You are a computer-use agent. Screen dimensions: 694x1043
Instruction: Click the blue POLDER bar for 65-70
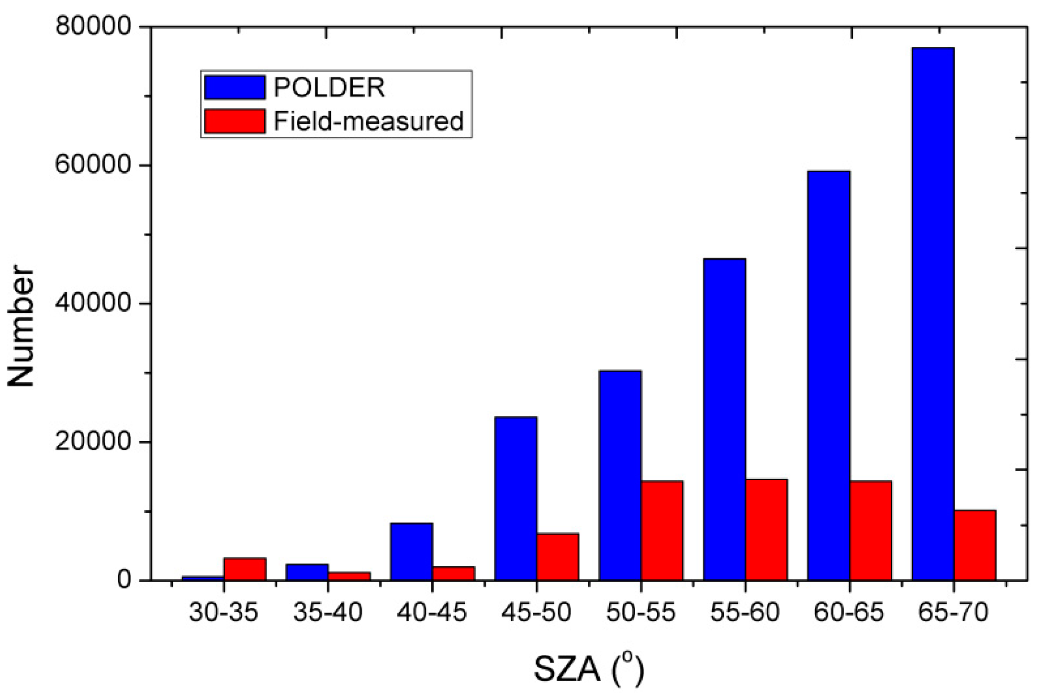pyautogui.click(x=932, y=313)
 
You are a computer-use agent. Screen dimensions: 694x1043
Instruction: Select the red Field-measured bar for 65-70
pyautogui.click(x=975, y=545)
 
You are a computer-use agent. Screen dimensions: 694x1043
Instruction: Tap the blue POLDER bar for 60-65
pyautogui.click(x=828, y=375)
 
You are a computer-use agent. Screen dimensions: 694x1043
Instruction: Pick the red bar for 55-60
pyautogui.click(x=766, y=529)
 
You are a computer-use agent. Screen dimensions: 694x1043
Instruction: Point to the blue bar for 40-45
pyautogui.click(x=411, y=551)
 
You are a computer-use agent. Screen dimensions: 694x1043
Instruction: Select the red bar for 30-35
pyautogui.click(x=245, y=569)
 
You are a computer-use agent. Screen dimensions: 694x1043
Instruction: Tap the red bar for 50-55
pyautogui.click(x=662, y=530)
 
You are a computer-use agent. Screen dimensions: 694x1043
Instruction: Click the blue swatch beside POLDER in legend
pyautogui.click(x=235, y=88)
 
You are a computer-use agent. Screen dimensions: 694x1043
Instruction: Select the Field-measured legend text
pyautogui.click(x=368, y=121)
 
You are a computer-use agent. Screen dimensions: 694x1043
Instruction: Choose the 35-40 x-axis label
pyautogui.click(x=328, y=613)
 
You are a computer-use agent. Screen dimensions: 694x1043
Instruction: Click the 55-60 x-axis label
pyautogui.click(x=745, y=613)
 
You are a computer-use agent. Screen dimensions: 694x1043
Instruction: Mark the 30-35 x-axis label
pyautogui.click(x=224, y=613)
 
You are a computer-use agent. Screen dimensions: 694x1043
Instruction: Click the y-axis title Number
pyautogui.click(x=22, y=326)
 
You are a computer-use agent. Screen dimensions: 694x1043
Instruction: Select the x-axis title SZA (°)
pyautogui.click(x=589, y=670)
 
